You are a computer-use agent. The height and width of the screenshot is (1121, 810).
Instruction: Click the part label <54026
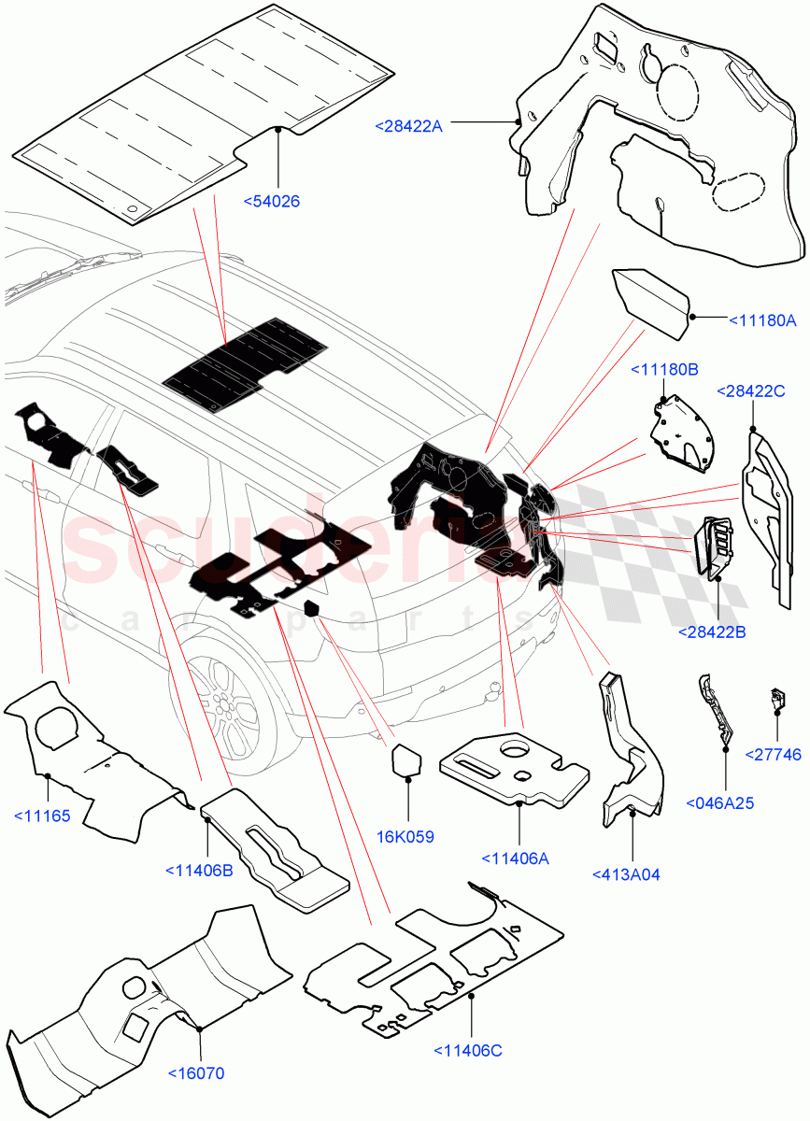(x=272, y=201)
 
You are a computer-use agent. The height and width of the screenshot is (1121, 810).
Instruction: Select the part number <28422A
(x=408, y=126)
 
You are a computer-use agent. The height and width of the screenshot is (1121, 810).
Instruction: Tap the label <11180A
(x=762, y=320)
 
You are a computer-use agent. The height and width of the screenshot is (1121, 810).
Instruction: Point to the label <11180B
(x=665, y=370)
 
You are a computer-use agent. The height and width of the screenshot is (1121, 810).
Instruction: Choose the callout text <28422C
(x=750, y=390)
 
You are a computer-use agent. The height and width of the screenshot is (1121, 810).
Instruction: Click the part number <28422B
(x=712, y=632)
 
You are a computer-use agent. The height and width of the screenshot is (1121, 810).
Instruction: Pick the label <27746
(x=773, y=754)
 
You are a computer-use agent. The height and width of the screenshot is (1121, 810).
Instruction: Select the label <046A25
(x=719, y=802)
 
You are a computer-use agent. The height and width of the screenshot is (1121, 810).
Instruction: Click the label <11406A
(x=515, y=858)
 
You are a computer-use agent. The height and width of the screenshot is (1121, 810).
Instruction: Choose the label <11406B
(x=198, y=870)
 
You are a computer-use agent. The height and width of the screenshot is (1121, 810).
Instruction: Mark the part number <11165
(x=42, y=816)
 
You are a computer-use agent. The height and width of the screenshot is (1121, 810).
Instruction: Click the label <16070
(x=196, y=1073)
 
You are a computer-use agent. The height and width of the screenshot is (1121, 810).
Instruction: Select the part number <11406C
(x=468, y=1051)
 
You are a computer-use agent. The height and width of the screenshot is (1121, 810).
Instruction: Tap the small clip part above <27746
(x=774, y=697)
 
